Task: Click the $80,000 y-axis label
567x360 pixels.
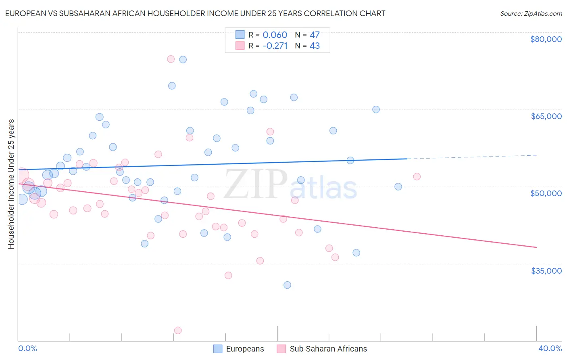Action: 546,39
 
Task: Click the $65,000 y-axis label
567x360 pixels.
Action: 546,116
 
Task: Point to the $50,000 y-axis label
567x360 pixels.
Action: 546,193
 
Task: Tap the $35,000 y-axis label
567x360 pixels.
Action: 546,271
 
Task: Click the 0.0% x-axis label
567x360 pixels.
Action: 28,348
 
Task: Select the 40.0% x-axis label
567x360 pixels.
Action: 550,348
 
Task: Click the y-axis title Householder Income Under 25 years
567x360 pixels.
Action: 11,184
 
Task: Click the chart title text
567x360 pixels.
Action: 195,13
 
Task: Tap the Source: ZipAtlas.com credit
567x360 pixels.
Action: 531,13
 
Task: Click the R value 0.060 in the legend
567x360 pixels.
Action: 275,35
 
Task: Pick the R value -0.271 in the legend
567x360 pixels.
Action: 275,46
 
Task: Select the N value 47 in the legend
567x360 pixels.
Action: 315,35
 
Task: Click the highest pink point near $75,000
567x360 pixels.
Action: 171,59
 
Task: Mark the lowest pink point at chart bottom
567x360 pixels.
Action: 178,331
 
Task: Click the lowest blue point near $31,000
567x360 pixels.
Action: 287,285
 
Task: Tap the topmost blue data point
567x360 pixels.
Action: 183,59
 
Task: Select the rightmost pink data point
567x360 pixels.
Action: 417,176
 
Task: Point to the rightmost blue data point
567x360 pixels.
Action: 398,186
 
